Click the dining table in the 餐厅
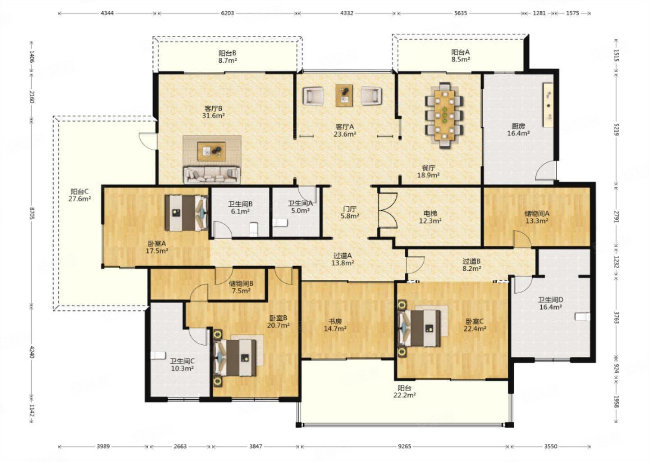pyautogui.click(x=444, y=115)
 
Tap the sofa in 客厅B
pyautogui.click(x=212, y=175)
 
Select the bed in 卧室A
pyautogui.click(x=187, y=213)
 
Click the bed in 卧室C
pyautogui.click(x=420, y=328)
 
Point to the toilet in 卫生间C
pyautogui.click(x=158, y=355)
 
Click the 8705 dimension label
pyautogui.click(x=32, y=213)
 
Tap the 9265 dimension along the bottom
pyautogui.click(x=404, y=446)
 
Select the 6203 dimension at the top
pyautogui.click(x=227, y=13)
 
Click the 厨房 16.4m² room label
pyautogui.click(x=518, y=129)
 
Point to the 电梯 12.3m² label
pyautogui.click(x=430, y=217)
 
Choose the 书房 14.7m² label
pyautogui.click(x=335, y=325)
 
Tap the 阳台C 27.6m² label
pyautogui.click(x=80, y=195)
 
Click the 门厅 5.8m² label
pyautogui.click(x=350, y=213)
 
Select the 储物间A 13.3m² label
pyautogui.click(x=537, y=217)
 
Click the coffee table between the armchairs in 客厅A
pyautogui.click(x=344, y=95)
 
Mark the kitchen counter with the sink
pyautogui.click(x=548, y=105)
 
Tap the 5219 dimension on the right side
pyautogui.click(x=616, y=129)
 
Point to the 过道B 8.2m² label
pyautogui.click(x=471, y=265)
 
